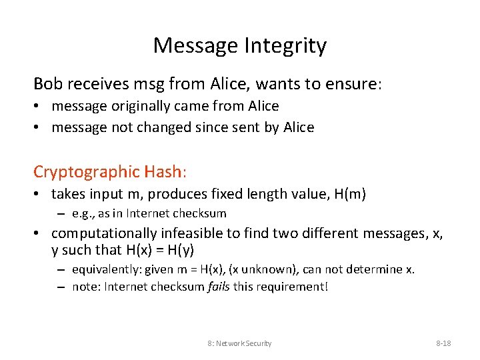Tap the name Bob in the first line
pyautogui.click(x=47, y=83)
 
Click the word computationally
pyautogui.click(x=104, y=233)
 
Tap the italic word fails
pyautogui.click(x=216, y=287)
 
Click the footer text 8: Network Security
pyautogui.click(x=239, y=343)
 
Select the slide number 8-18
pyautogui.click(x=443, y=343)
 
